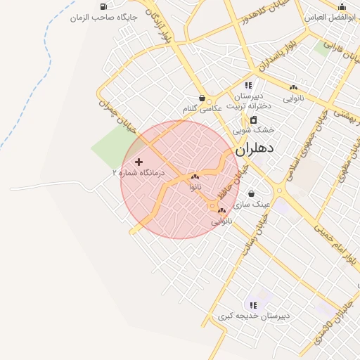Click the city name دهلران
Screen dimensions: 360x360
(254, 149)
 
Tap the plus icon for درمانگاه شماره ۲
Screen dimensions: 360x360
(139, 162)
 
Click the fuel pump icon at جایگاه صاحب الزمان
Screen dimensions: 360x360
(104, 6)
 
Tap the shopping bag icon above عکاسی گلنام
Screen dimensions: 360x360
(202, 98)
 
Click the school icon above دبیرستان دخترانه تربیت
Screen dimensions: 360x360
(248, 85)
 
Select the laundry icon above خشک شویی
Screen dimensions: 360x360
(253, 120)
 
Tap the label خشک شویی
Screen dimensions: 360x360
(253, 130)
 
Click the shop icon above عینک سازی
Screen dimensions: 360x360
(252, 194)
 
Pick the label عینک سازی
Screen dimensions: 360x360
(252, 204)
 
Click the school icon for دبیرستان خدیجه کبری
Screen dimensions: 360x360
(253, 305)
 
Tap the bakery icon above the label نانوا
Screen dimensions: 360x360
(195, 177)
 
